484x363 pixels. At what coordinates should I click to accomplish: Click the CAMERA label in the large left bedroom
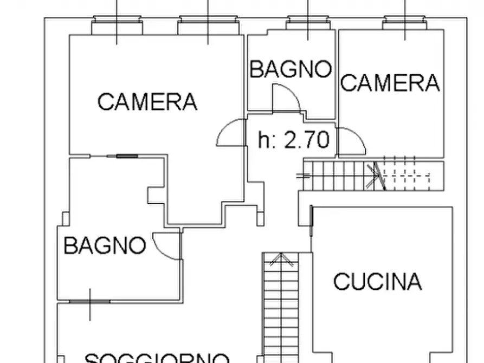pos(147,102)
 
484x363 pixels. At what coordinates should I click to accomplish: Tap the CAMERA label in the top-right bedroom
pos(390,83)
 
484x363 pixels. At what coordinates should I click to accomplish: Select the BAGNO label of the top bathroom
pos(291,70)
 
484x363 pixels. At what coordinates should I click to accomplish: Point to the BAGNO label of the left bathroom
pos(105,246)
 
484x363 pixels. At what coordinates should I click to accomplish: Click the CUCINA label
pos(377,282)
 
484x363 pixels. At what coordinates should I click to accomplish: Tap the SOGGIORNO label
pos(157,358)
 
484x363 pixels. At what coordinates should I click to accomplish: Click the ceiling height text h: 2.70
pos(294,140)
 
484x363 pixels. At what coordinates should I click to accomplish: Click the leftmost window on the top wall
pos(118,24)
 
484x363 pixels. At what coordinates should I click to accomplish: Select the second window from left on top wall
pos(208,24)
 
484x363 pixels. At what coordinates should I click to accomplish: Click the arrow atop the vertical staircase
pos(280,259)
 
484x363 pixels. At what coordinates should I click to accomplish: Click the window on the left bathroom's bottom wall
pos(90,302)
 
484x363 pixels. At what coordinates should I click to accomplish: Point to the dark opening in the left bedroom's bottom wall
pos(127,157)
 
